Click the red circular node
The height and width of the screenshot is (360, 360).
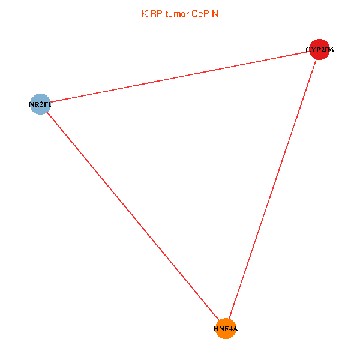pos(319,50)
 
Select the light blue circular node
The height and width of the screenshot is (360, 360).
pos(40,104)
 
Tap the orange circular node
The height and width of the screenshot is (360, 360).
pos(226,328)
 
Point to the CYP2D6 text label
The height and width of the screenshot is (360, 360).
pos(319,50)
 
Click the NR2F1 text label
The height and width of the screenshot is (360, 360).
pos(40,104)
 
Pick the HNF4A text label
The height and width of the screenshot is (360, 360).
pos(226,329)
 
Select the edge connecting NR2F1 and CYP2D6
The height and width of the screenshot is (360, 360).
pos(180,77)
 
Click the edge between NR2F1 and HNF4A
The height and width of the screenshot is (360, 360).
pos(133,216)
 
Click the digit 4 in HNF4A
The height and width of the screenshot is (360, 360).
pos(231,329)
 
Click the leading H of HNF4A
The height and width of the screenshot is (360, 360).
pos(216,329)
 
